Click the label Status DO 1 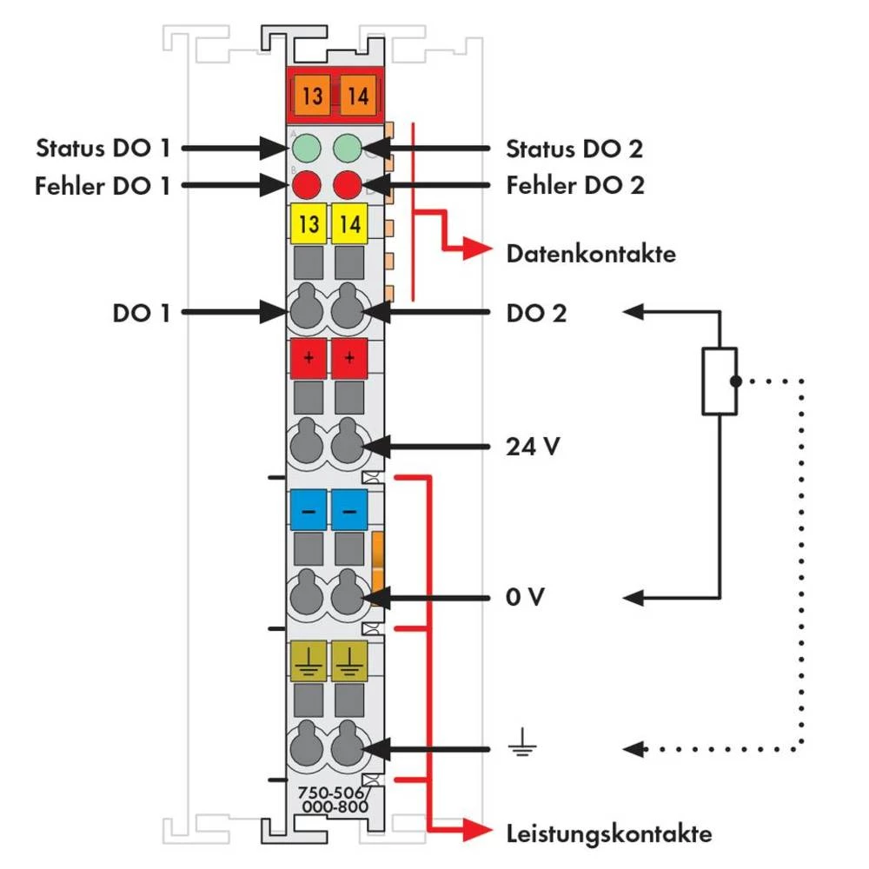pyautogui.click(x=103, y=148)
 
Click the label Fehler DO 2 pyautogui.click(x=575, y=184)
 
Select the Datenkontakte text pyautogui.click(x=591, y=255)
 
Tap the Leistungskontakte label pyautogui.click(x=609, y=834)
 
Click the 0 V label pyautogui.click(x=524, y=598)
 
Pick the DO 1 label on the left pyautogui.click(x=141, y=313)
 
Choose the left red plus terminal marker pyautogui.click(x=308, y=358)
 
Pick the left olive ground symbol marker pyautogui.click(x=308, y=660)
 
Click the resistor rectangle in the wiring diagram pyautogui.click(x=720, y=381)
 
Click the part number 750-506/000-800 pyautogui.click(x=332, y=799)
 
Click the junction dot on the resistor pyautogui.click(x=736, y=381)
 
